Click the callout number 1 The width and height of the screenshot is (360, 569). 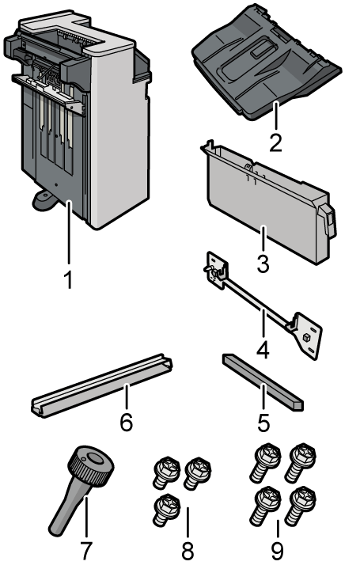pyautogui.click(x=69, y=279)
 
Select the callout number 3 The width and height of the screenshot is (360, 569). pyautogui.click(x=262, y=263)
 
